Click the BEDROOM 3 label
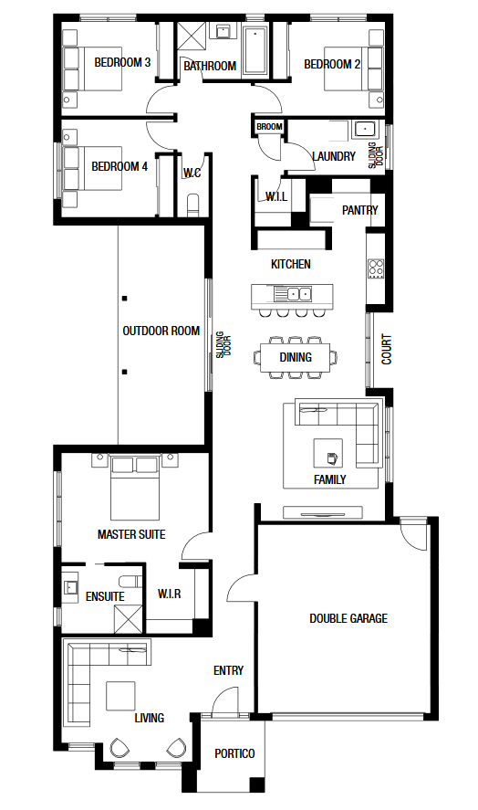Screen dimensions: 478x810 point(122,62)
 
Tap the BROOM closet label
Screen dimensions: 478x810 point(269,127)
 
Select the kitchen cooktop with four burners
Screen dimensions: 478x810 point(376,268)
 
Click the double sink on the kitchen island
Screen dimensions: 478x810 point(293,294)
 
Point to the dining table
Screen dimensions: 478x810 point(296,357)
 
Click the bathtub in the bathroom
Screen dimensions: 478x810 point(254,51)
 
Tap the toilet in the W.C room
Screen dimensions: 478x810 point(192,205)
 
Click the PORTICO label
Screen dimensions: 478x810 point(234,753)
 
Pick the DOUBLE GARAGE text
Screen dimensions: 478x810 point(348,618)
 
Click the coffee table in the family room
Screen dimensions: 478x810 point(328,453)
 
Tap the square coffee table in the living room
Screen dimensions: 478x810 point(120,696)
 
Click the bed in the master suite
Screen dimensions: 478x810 point(135,488)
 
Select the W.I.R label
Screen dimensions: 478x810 point(170,594)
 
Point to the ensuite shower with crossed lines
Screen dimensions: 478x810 point(128,618)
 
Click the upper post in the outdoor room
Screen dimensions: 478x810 point(124,299)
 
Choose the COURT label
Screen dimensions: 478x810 point(386,350)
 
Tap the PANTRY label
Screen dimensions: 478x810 point(359,210)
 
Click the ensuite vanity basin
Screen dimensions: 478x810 point(71,587)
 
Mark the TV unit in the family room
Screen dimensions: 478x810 point(323,513)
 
